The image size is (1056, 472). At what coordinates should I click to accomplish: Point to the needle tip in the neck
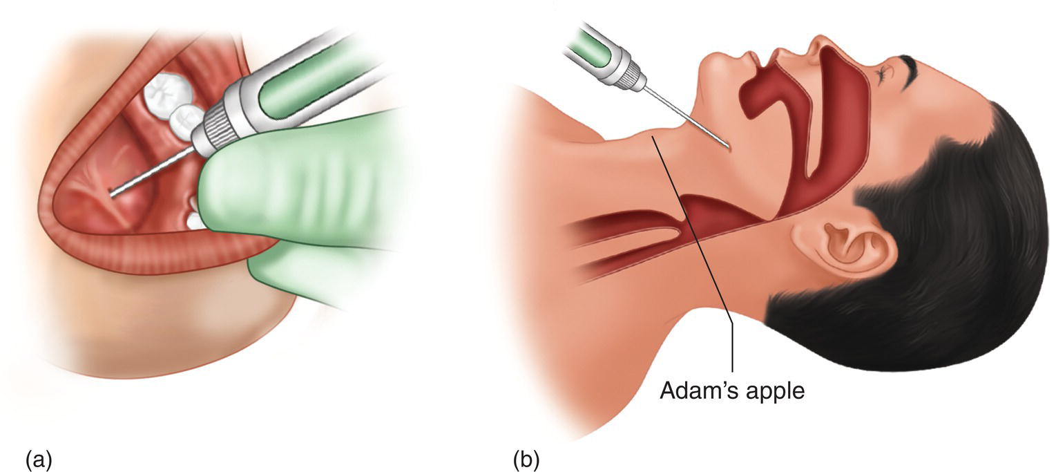tap(729, 148)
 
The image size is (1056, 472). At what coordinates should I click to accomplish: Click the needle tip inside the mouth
tap(111, 191)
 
